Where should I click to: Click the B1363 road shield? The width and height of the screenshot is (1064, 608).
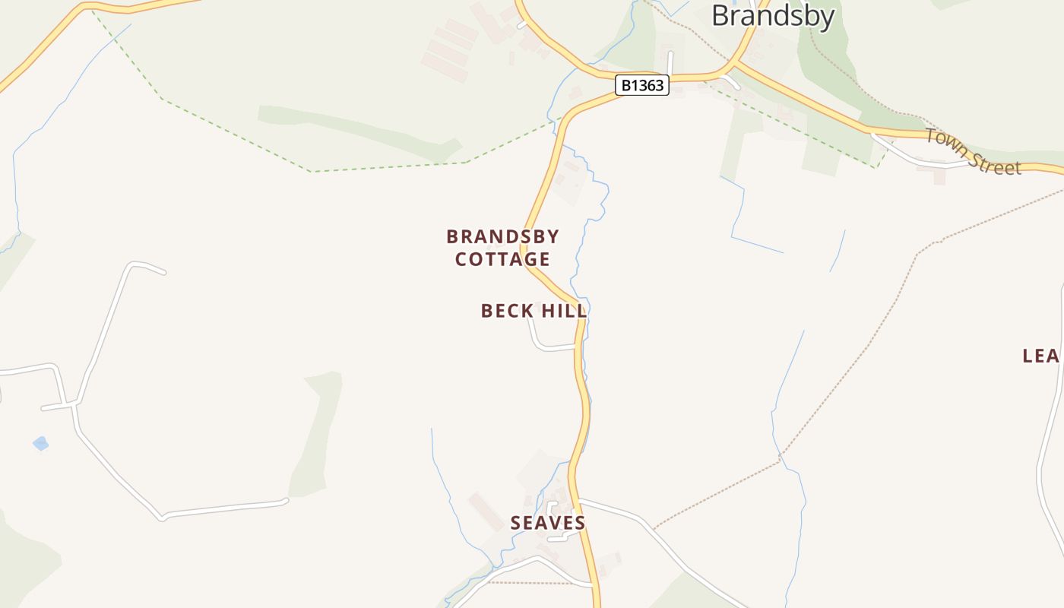pyautogui.click(x=642, y=85)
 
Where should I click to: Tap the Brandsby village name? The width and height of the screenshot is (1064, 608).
pyautogui.click(x=772, y=16)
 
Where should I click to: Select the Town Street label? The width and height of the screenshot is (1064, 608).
pyautogui.click(x=973, y=152)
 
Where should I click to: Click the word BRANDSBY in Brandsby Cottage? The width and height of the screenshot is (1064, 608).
pyautogui.click(x=502, y=236)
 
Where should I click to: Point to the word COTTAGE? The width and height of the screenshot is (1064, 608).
pyautogui.click(x=502, y=259)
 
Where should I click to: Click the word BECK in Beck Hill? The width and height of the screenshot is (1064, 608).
pyautogui.click(x=505, y=311)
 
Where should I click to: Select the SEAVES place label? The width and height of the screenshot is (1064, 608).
pyautogui.click(x=548, y=523)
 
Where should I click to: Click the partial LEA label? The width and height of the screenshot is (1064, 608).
pyautogui.click(x=1041, y=356)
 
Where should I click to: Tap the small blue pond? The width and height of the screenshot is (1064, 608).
pyautogui.click(x=40, y=443)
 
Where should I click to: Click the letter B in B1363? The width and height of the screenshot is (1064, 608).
pyautogui.click(x=626, y=85)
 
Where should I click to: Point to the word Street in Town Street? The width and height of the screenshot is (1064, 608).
pyautogui.click(x=995, y=162)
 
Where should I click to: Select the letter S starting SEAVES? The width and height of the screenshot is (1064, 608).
pyautogui.click(x=516, y=523)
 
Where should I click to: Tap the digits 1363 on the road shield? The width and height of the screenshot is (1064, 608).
pyautogui.click(x=648, y=85)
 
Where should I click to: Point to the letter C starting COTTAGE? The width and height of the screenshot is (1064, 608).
pyautogui.click(x=461, y=259)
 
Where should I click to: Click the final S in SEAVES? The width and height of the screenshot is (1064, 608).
pyautogui.click(x=580, y=523)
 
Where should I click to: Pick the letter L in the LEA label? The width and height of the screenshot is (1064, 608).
pyautogui.click(x=1028, y=356)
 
